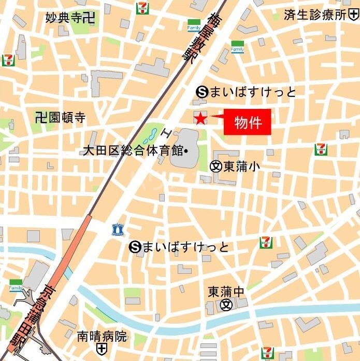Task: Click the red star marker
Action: pos(200,119)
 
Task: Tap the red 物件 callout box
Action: pos(248,123)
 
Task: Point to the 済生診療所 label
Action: pos(315,15)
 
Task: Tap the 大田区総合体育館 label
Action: pos(133,151)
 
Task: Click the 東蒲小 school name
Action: pos(242,166)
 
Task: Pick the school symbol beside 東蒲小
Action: pos(215,166)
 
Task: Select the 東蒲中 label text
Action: pos(226,291)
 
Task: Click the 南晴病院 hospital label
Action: pos(102,336)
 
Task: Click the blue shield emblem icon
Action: pos(117,229)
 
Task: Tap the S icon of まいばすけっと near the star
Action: pos(202,92)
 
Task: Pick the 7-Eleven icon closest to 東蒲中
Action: pos(266,242)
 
